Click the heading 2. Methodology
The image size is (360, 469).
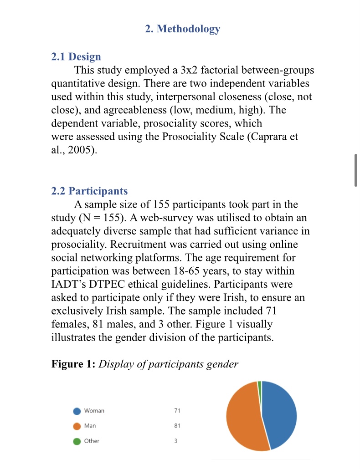tap(182, 29)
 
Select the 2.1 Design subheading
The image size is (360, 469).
tap(76, 57)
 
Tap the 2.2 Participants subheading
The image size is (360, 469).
tap(89, 191)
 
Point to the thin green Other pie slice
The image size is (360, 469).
tap(260, 386)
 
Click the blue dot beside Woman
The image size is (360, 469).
tap(77, 411)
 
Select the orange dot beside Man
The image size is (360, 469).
tap(77, 426)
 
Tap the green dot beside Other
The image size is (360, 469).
tap(77, 441)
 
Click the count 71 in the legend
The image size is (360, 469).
tap(177, 411)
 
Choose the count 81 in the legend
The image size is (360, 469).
tap(177, 426)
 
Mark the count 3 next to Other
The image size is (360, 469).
tap(176, 441)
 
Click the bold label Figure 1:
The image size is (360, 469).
tap(73, 364)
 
